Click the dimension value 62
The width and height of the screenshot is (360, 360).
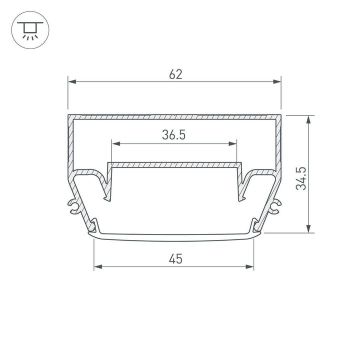coord(175,74)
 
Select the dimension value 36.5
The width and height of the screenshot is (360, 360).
coord(174,135)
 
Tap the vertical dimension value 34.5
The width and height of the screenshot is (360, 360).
coord(300,178)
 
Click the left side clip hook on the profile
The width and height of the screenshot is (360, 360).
coord(74,205)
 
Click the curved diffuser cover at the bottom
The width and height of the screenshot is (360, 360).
coord(174,238)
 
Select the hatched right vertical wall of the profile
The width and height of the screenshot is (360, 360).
coord(278,145)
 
